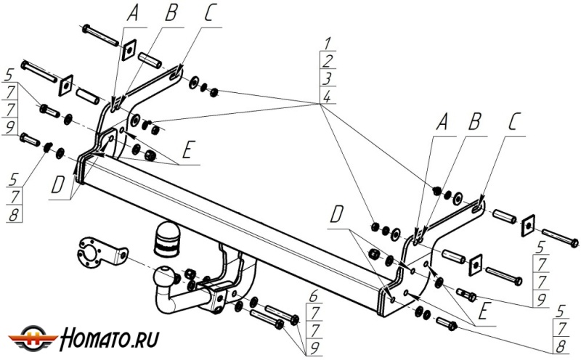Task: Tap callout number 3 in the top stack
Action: click(328, 78)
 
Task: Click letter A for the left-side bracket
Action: click(131, 12)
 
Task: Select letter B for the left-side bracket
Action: click(171, 12)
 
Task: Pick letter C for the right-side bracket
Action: click(514, 122)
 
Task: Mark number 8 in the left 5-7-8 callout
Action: click(11, 215)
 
